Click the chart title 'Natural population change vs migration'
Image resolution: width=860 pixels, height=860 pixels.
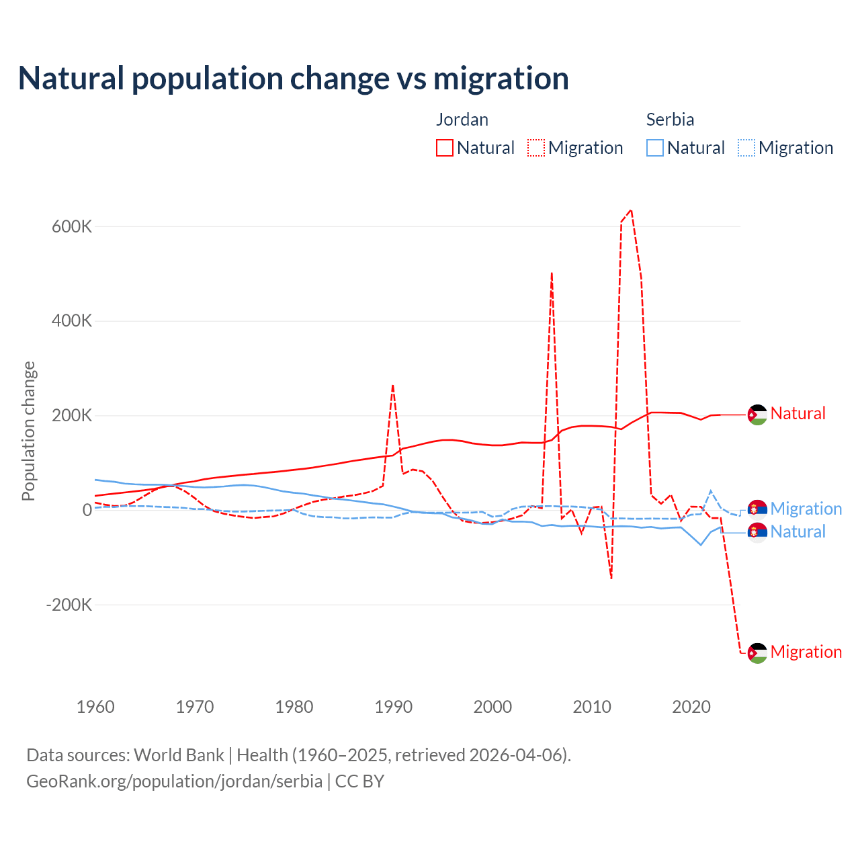293,79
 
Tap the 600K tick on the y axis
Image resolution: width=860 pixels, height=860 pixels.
72,227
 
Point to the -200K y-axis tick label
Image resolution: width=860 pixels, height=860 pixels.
69,605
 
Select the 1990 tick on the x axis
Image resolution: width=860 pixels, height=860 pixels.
394,707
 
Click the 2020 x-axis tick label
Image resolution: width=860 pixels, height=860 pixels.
691,707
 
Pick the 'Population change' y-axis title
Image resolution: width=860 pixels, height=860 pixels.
28,431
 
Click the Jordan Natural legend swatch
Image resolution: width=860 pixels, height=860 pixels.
445,148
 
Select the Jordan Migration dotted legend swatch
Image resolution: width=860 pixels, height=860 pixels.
536,148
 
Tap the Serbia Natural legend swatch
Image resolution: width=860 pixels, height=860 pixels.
655,148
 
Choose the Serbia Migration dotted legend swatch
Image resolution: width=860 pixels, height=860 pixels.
746,148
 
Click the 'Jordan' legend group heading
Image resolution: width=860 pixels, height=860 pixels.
462,120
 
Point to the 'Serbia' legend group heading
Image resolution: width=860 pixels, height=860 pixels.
670,120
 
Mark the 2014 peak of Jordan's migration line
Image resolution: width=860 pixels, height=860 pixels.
630,210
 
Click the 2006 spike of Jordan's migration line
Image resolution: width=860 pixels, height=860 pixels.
552,273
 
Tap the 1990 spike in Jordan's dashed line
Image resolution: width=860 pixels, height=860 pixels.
393,386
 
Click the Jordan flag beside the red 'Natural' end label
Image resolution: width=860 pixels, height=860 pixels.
758,415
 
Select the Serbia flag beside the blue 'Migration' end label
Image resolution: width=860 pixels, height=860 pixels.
758,509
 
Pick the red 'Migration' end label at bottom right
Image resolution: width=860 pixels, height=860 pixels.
806,652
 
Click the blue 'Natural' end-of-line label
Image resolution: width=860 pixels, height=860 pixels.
798,532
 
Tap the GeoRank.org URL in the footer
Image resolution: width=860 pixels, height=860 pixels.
175,781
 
